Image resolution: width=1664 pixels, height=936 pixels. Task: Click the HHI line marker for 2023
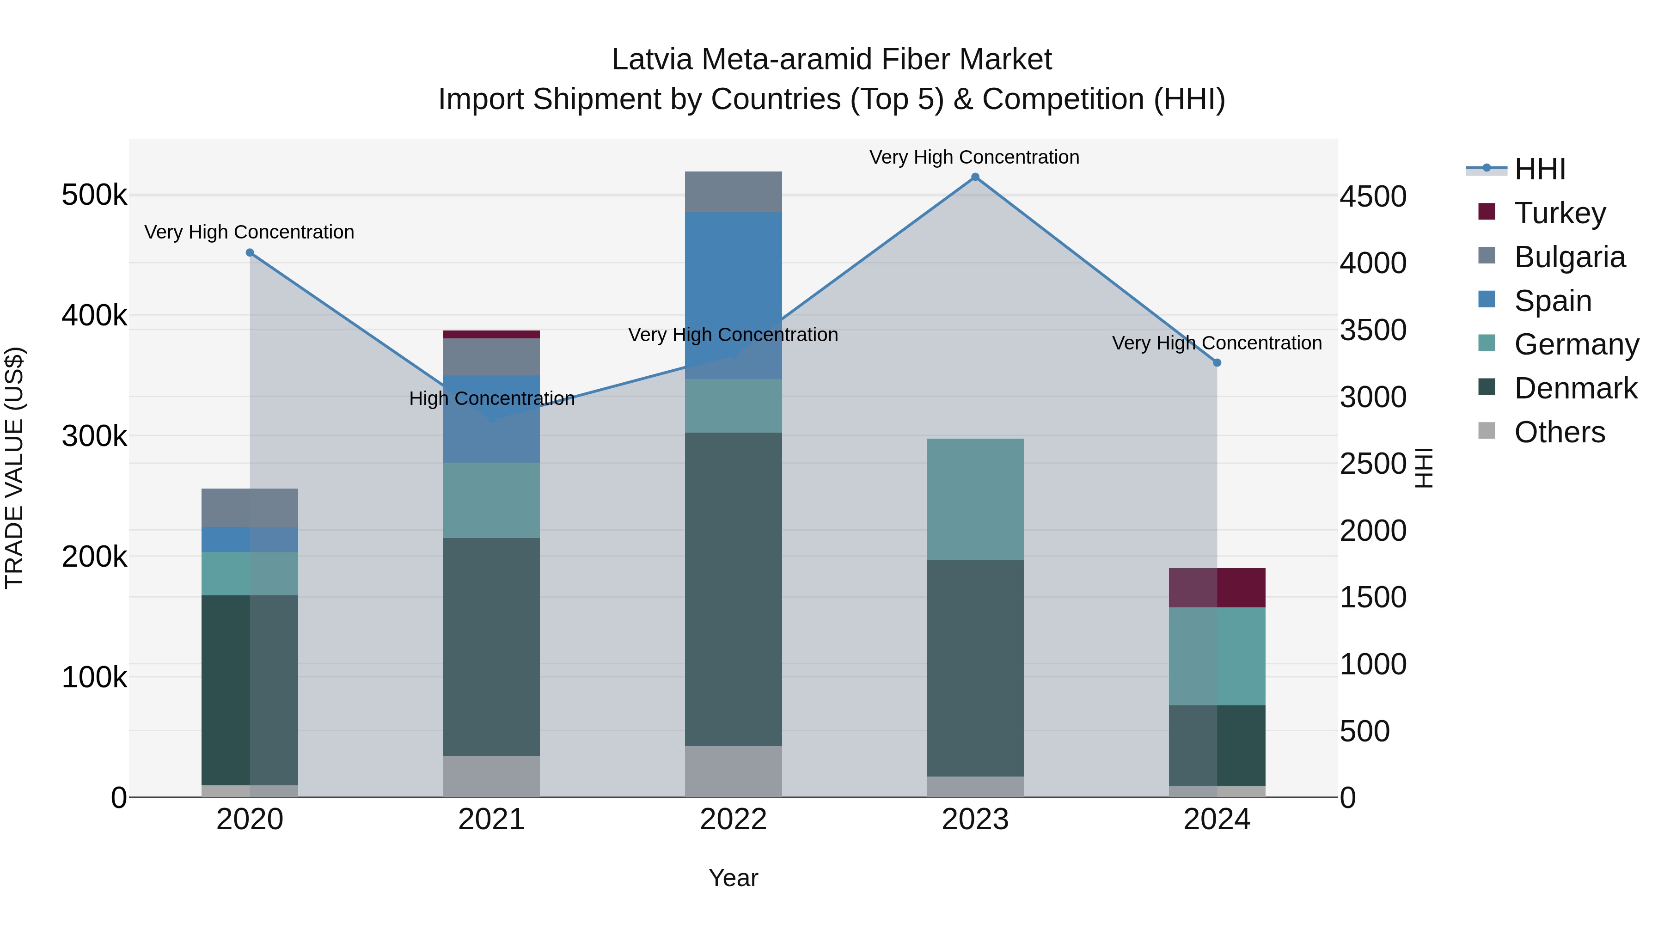tap(975, 177)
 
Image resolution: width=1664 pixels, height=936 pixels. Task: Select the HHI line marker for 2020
tap(250, 252)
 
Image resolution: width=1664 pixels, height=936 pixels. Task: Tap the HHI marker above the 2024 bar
tap(1217, 362)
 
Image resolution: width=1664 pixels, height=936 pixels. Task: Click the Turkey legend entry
tap(1560, 213)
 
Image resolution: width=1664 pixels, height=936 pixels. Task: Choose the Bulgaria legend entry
tap(1569, 257)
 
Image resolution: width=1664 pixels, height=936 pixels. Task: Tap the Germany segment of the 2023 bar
tap(975, 499)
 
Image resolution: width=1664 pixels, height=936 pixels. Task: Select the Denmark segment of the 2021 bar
tap(492, 646)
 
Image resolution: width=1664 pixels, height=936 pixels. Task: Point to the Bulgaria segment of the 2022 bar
tap(733, 192)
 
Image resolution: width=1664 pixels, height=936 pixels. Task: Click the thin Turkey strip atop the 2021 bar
tap(492, 335)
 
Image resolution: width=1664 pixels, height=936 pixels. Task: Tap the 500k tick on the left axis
tap(94, 195)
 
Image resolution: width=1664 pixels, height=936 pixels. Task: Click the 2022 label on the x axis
tap(733, 820)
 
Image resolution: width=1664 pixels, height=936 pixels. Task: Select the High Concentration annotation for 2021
tap(492, 398)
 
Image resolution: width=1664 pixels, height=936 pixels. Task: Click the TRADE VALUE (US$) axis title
tap(14, 468)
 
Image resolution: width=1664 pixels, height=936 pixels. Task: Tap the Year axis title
tap(733, 878)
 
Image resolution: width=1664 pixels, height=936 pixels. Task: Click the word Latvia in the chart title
tap(652, 60)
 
